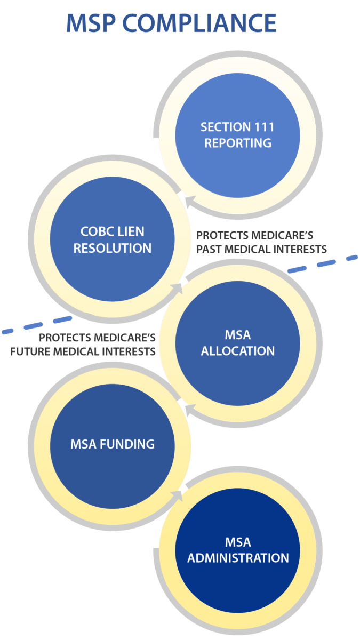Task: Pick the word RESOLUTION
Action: (x=113, y=249)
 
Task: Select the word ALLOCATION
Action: (x=238, y=351)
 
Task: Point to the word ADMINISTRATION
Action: (x=238, y=558)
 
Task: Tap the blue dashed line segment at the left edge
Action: (x=7, y=331)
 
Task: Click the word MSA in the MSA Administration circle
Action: (x=238, y=543)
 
